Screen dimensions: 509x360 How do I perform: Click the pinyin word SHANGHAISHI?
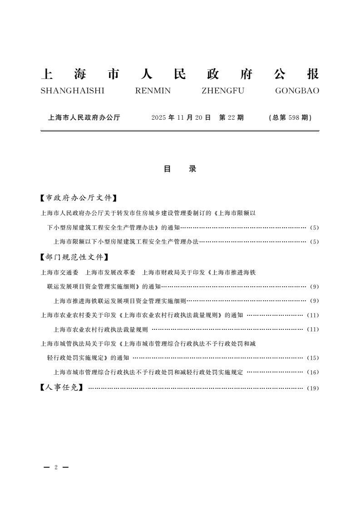[72, 91]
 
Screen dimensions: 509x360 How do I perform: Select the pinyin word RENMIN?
[153, 91]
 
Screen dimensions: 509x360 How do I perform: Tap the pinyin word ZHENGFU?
[222, 91]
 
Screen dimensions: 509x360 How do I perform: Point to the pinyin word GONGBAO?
[297, 91]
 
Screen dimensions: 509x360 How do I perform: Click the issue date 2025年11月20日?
[182, 117]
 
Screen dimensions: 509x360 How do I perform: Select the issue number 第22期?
[232, 117]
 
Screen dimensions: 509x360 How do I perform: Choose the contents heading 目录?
[180, 169]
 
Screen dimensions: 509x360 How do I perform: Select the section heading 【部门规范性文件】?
[74, 257]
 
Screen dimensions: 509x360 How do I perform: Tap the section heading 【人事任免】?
[61, 388]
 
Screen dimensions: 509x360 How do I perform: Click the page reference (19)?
[313, 388]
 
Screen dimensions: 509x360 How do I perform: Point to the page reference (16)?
[313, 372]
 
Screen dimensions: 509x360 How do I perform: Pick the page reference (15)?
[313, 358]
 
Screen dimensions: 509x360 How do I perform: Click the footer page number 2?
[55, 467]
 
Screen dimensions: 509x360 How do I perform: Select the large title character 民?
[180, 74]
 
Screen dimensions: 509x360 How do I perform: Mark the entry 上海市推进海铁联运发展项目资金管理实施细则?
[120, 300]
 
